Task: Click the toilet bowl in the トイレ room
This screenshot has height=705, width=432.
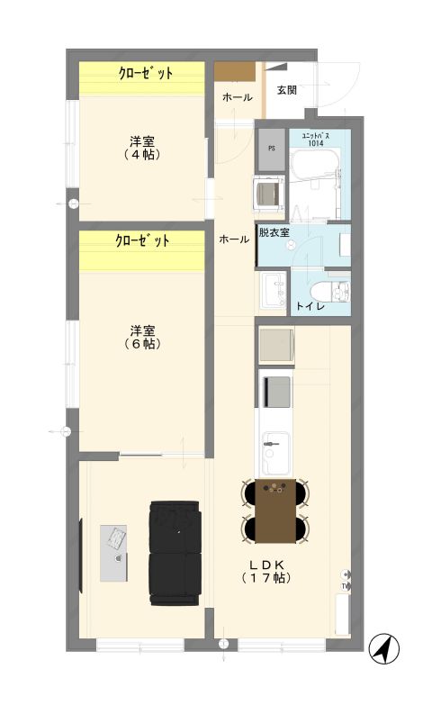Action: point(336,292)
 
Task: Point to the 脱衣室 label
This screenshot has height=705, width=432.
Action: point(274,232)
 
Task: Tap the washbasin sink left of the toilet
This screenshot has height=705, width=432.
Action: point(273,290)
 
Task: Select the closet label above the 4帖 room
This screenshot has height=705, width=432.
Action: point(145,73)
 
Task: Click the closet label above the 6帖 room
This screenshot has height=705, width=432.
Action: point(142,241)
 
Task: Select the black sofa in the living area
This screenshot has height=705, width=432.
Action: point(175,550)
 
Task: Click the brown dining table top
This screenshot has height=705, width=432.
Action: point(275,509)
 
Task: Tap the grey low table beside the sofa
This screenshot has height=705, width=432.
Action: point(113,552)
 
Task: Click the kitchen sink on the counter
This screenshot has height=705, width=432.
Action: point(274,442)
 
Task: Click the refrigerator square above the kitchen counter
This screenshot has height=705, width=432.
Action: point(275,345)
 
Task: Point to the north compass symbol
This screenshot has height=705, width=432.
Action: point(386,648)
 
